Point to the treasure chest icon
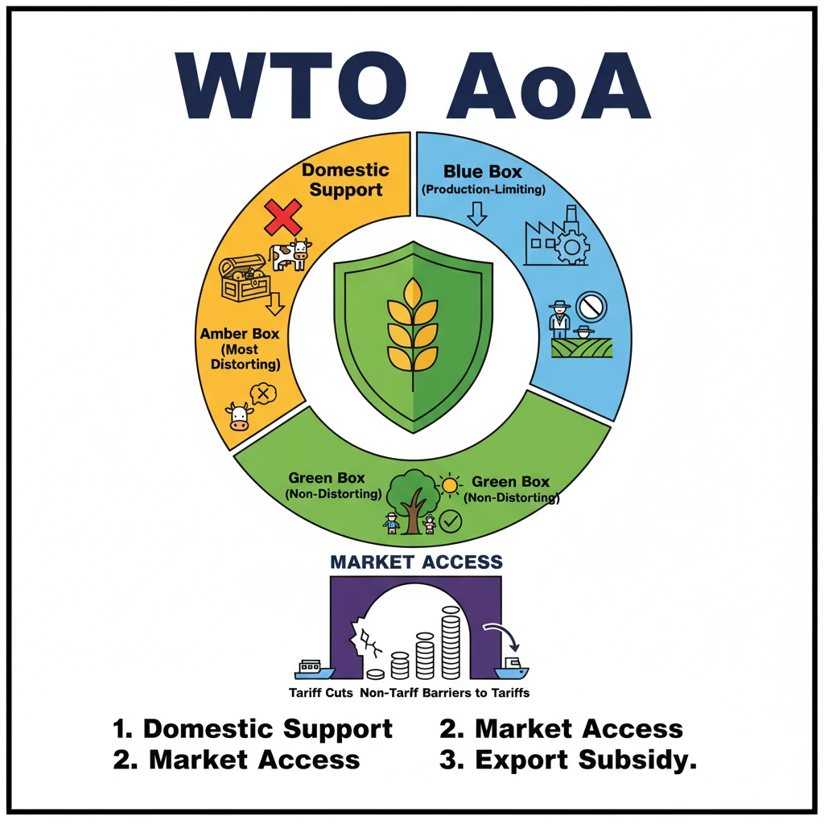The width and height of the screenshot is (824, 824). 244,278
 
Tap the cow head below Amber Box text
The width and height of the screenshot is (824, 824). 239,416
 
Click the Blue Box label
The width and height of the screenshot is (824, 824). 483,171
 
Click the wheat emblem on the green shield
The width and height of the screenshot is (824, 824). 412,322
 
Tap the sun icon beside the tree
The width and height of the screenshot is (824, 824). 448,485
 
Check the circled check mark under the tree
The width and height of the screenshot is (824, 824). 451,523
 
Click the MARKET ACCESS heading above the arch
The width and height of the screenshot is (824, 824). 416,562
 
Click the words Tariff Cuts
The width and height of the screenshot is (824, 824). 321,692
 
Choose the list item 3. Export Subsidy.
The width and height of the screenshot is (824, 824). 567,759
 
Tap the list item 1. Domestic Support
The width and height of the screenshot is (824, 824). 253,729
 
